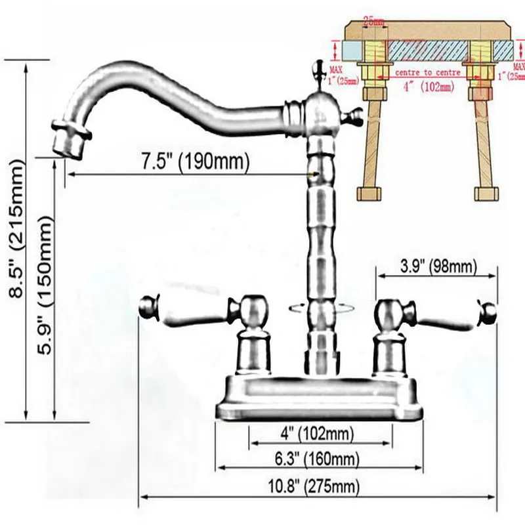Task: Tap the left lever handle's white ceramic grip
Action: pyautogui.click(x=190, y=313)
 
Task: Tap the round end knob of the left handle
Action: pyautogui.click(x=148, y=306)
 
